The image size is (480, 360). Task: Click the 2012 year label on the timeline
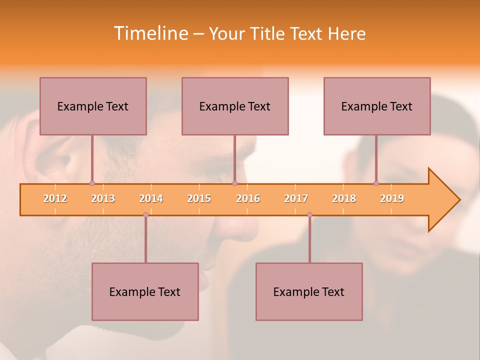[x=55, y=198]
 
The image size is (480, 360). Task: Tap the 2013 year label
[x=103, y=198]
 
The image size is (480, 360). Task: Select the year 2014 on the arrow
[x=151, y=198]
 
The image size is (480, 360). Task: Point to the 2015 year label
[x=199, y=198]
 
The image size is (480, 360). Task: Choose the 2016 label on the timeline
[x=248, y=198]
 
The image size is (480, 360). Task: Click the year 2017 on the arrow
[x=296, y=198]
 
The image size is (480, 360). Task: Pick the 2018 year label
[x=344, y=198]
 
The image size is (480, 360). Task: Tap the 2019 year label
[x=392, y=198]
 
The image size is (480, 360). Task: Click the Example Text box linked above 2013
[x=93, y=106]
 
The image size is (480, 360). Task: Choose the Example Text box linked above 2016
[x=235, y=106]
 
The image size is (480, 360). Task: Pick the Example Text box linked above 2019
[x=377, y=106]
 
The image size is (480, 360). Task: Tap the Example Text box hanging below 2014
[x=145, y=291]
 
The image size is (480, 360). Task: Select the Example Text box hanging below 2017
[x=309, y=291]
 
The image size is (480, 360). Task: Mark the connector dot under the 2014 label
[x=145, y=214]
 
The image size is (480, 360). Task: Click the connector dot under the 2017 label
[x=309, y=214]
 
